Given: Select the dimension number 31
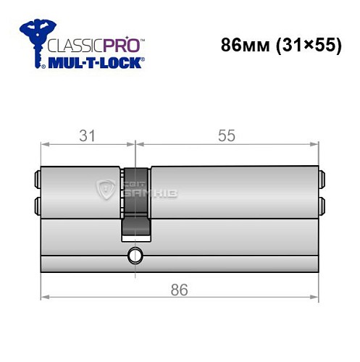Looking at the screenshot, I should coord(88,134).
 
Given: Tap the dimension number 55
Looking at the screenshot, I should coord(226,134).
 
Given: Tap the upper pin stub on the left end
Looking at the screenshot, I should coord(36,178).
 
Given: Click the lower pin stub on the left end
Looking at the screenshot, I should coord(36,205).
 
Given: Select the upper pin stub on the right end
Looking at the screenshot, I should coord(321,178).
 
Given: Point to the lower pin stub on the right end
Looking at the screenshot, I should coord(321,205).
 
